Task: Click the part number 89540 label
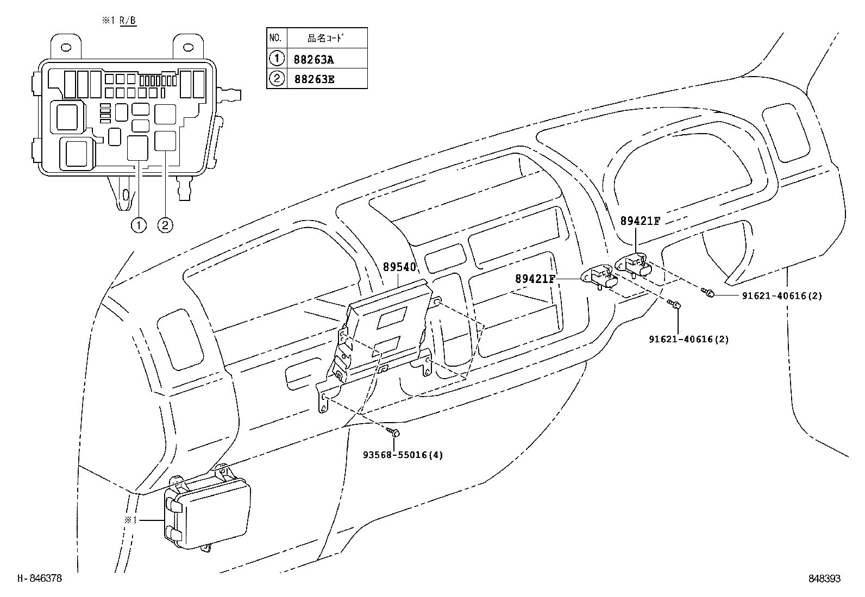[399, 267]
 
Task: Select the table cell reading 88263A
[314, 59]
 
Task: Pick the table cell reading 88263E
[314, 79]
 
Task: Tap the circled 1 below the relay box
[139, 225]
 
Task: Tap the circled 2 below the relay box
[165, 225]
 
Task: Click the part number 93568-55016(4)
[403, 455]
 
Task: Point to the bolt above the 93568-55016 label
[394, 432]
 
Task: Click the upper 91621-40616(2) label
[782, 296]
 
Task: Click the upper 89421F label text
[640, 221]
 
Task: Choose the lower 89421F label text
[535, 279]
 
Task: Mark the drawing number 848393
[824, 579]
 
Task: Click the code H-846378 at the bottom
[40, 579]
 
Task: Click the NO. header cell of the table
[275, 38]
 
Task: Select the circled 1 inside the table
[276, 58]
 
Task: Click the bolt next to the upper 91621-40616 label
[709, 293]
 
